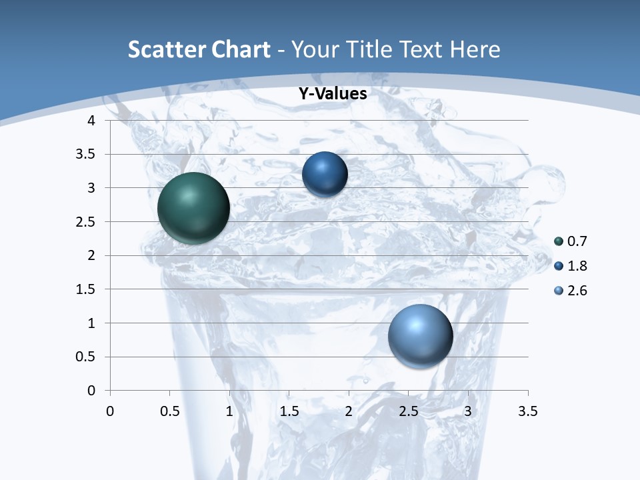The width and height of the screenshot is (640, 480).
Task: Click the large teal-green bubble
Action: coord(194,208)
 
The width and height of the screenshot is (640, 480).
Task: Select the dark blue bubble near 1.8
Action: coord(325,174)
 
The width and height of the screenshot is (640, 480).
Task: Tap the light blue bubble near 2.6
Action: coord(420,336)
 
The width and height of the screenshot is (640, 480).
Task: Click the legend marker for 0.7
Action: coord(559,241)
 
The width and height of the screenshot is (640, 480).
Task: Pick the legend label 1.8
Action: coord(577,266)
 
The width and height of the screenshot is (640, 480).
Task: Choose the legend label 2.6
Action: coord(577,291)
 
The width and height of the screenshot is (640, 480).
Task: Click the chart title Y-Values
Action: coord(333,94)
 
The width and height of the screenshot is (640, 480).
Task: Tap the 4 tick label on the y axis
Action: coord(92,121)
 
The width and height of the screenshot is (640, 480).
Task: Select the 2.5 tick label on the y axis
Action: coord(86,222)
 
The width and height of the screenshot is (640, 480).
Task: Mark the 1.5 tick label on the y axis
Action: coord(86,289)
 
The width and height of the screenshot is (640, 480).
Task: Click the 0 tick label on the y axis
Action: coord(92,391)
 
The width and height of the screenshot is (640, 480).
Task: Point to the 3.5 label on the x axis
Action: coord(527,411)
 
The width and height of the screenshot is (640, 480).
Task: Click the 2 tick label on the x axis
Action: coord(349,411)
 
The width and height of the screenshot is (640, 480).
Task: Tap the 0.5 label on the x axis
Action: coord(170,411)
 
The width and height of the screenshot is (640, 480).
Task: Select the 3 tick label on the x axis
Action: coord(468,411)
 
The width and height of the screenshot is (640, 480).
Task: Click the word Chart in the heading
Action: coord(239,49)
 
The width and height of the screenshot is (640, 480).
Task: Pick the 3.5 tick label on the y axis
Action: coord(86,155)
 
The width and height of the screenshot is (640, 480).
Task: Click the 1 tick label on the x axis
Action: coord(229,411)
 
